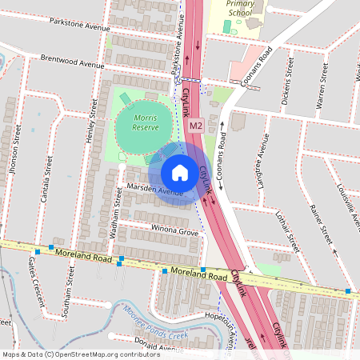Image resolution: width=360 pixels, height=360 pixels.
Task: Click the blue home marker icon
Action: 180,173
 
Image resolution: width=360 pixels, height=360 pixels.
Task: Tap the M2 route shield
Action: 196,126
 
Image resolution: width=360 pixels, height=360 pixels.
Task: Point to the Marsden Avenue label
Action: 155,190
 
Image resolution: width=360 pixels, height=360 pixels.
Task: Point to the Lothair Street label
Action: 286,230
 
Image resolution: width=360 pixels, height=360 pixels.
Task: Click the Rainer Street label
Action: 321,225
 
